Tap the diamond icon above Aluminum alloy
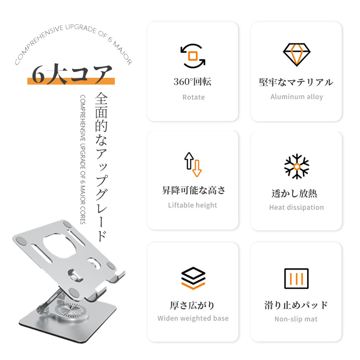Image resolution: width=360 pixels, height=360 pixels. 296,55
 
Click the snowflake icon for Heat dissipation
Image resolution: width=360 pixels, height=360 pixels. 297,166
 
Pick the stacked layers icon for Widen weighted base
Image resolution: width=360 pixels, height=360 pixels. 193,278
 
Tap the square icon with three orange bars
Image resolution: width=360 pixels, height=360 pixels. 296,279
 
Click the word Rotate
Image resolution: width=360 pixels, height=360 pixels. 194,97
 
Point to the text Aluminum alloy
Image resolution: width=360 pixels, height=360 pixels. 297,96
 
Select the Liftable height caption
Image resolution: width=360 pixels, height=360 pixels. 193,205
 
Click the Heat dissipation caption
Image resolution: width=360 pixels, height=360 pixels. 296,207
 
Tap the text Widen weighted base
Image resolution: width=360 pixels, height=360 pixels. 193,318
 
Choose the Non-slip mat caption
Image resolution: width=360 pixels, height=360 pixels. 296,319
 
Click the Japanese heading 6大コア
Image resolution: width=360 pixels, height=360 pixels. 72,74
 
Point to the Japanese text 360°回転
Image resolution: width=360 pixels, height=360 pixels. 192,82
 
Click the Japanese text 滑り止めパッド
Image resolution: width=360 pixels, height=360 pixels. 296,305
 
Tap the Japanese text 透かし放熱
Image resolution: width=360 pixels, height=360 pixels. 294,194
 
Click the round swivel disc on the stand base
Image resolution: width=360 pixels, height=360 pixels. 70,311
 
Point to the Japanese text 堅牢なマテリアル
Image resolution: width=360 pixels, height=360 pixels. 296,82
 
